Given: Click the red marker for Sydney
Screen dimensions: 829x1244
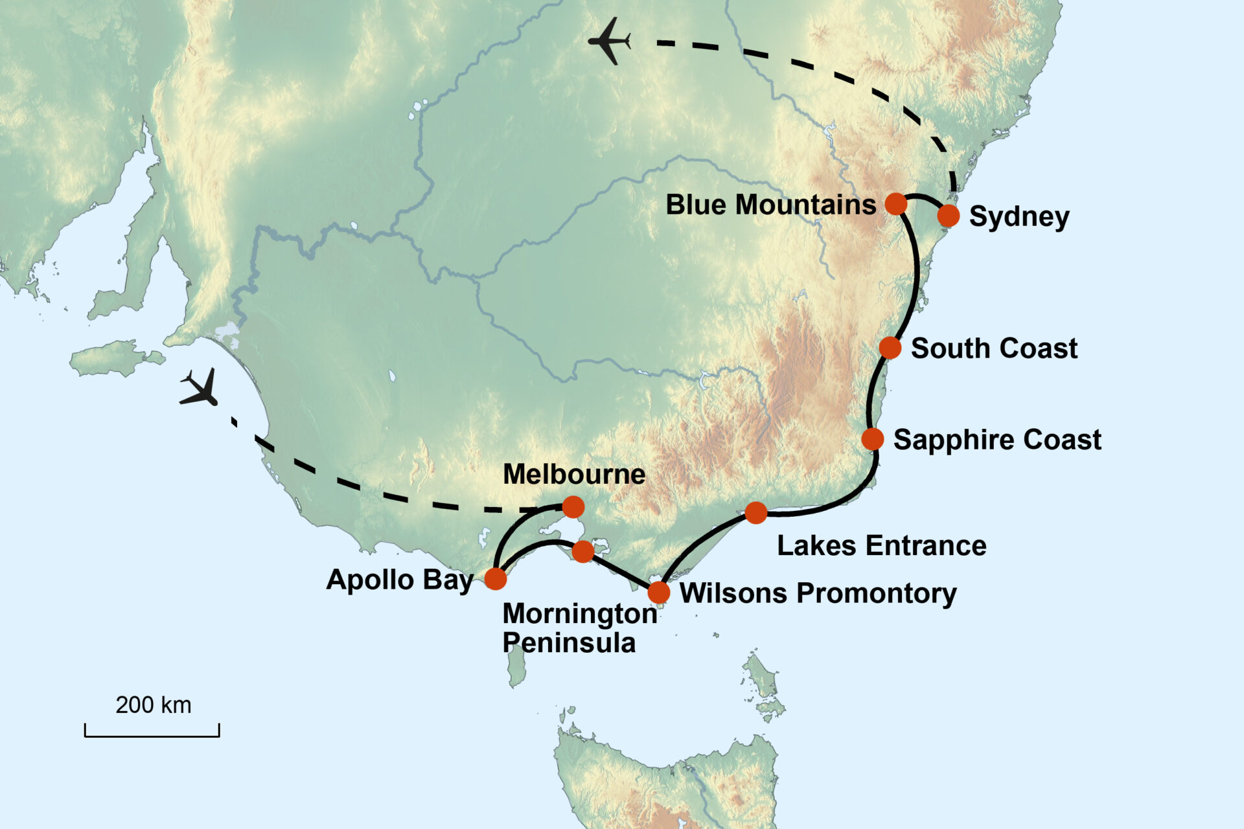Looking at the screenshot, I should pyautogui.click(x=948, y=216).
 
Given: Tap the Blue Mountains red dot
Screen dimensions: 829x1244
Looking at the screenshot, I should pyautogui.click(x=896, y=203).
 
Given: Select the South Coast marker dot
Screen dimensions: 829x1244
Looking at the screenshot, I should pyautogui.click(x=890, y=348).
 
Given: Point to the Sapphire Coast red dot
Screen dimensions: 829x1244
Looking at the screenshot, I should pyautogui.click(x=873, y=439).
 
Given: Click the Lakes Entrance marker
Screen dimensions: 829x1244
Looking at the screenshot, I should pyautogui.click(x=756, y=513).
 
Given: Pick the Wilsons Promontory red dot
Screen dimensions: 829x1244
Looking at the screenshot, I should pyautogui.click(x=659, y=592).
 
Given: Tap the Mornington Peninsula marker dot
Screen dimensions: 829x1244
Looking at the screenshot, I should pyautogui.click(x=583, y=551).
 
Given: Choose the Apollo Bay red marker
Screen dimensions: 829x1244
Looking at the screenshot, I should pyautogui.click(x=496, y=578).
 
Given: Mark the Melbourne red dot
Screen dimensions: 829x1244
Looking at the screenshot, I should pyautogui.click(x=573, y=506).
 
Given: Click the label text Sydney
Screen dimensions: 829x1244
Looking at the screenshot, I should pyautogui.click(x=1019, y=217).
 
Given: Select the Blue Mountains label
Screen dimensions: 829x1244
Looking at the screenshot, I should pyautogui.click(x=770, y=205).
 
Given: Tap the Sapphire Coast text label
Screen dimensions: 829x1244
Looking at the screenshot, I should pyautogui.click(x=997, y=440).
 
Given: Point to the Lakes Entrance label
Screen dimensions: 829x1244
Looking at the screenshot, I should pyautogui.click(x=881, y=545).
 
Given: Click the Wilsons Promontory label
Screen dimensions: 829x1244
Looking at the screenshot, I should pyautogui.click(x=818, y=593).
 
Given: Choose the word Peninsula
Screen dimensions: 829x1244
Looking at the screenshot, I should pyautogui.click(x=569, y=643).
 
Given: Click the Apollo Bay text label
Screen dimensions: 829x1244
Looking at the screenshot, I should pyautogui.click(x=400, y=579).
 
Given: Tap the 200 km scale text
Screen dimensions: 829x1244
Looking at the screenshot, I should pyautogui.click(x=154, y=705).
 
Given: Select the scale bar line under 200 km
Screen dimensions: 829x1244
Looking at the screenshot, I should pyautogui.click(x=152, y=736).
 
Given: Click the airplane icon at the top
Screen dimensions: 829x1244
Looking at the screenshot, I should pyautogui.click(x=610, y=41).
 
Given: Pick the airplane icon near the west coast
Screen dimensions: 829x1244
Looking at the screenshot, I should pyautogui.click(x=200, y=389).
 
